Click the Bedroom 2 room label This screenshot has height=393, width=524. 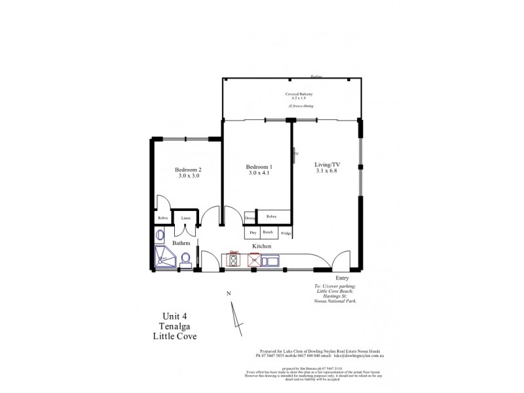[x=188, y=169]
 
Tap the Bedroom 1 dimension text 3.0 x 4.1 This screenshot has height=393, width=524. [x=259, y=174]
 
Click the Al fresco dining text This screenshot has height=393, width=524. [x=293, y=105]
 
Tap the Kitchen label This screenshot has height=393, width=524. [x=261, y=246]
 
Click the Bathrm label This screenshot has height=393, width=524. [x=181, y=243]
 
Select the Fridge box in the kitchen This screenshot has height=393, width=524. [x=286, y=233]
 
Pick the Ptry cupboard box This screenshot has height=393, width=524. [x=252, y=233]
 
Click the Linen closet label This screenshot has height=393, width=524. [x=186, y=218]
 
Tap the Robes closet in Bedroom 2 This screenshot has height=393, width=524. [x=162, y=217]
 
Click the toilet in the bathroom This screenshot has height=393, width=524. [x=185, y=259]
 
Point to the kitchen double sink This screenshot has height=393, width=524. [x=270, y=261]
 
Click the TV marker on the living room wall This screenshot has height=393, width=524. [x=295, y=154]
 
